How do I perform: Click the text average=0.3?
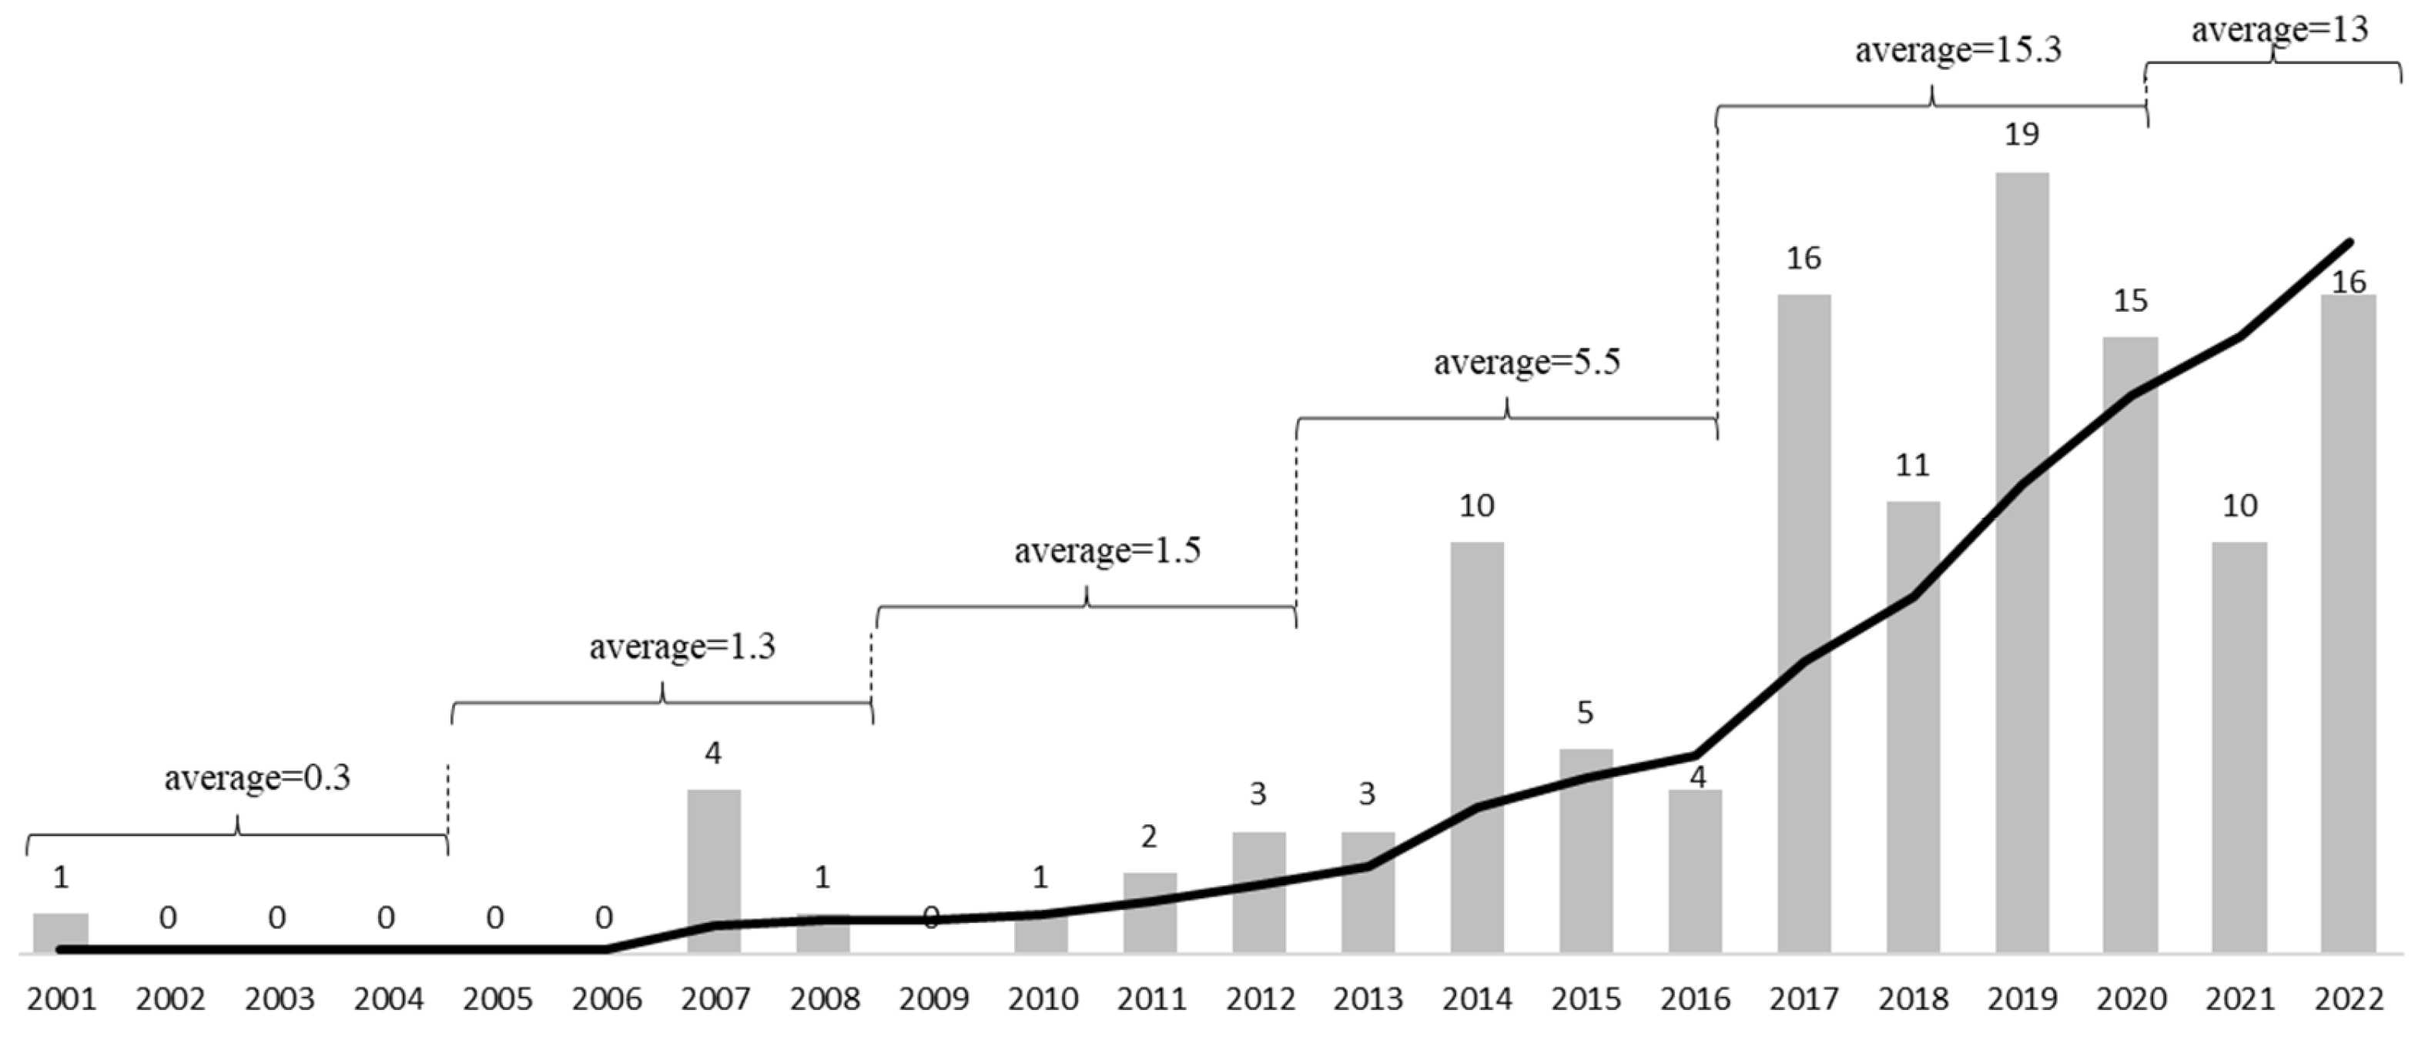click(257, 778)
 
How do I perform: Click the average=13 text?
click(2279, 30)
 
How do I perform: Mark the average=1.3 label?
click(682, 647)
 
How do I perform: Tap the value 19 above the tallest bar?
click(2021, 135)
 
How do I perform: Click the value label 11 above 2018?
click(1912, 465)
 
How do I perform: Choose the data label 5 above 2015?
click(1586, 713)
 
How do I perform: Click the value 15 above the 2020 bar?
click(2130, 301)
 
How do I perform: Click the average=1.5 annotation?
click(1107, 550)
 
